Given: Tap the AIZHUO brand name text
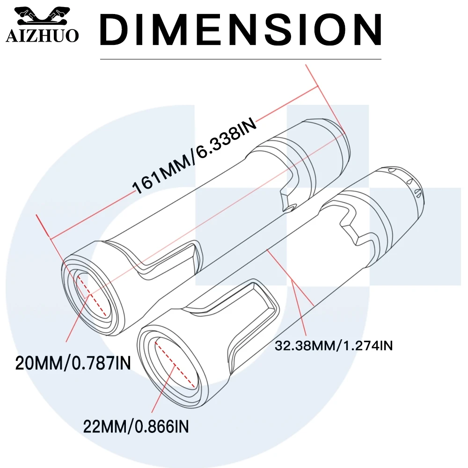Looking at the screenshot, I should point(42,37).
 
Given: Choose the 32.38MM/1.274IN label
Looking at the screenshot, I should point(333,346).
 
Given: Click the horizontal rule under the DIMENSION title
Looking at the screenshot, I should point(241,59).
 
